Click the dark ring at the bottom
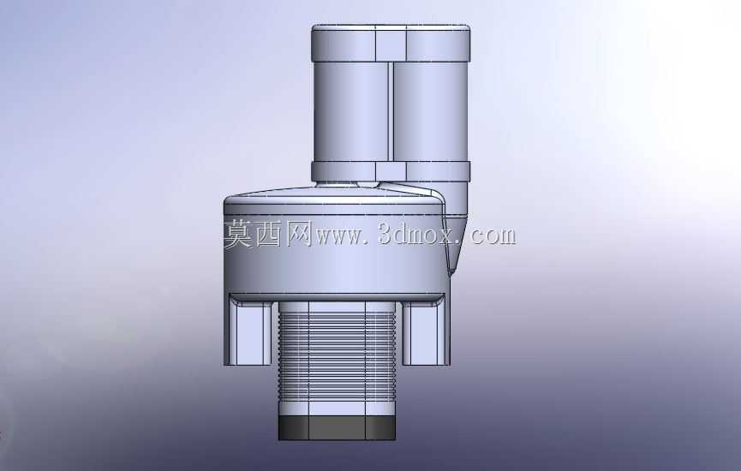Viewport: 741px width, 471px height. tap(337, 428)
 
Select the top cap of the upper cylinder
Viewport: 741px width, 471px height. tap(391, 44)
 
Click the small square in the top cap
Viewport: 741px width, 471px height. tap(391, 44)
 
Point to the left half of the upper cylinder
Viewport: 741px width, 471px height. tap(350, 112)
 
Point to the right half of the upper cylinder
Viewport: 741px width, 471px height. tap(431, 112)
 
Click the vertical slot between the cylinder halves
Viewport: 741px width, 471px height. tap(391, 112)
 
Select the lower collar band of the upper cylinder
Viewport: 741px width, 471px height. tap(391, 172)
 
